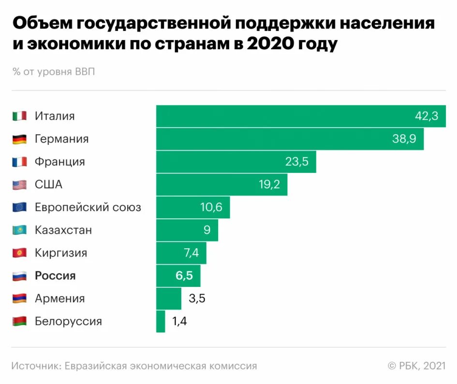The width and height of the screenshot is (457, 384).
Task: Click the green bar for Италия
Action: coord(300,116)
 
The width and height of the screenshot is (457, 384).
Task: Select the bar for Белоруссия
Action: coord(161,321)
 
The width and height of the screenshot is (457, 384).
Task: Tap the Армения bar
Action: coord(168,299)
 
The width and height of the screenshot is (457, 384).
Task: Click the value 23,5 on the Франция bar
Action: coord(297,162)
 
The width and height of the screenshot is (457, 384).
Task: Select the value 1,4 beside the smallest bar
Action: coord(179,321)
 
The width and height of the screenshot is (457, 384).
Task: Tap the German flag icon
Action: coord(19,139)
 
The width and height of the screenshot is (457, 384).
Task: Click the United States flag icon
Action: coord(19,185)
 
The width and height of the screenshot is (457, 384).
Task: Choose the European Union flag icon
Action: coord(19,208)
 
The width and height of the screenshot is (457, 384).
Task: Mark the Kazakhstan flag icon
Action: coord(19,230)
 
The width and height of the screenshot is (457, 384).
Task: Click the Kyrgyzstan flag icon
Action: coord(19,253)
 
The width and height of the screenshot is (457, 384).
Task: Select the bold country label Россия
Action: coord(55,276)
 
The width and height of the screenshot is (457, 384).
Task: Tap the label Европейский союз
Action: coord(88,208)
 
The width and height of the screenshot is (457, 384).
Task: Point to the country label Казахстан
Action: coord(63,230)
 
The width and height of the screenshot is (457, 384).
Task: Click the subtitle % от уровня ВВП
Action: coord(54,72)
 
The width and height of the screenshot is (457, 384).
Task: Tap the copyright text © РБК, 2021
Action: coord(416,366)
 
